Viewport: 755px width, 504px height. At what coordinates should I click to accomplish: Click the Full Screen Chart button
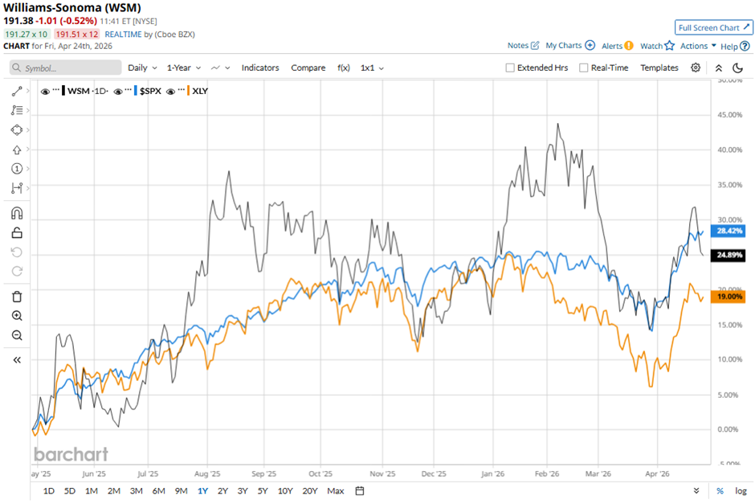point(713,27)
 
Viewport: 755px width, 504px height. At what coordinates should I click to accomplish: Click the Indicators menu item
point(260,68)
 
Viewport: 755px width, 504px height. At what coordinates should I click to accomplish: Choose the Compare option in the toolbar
point(308,68)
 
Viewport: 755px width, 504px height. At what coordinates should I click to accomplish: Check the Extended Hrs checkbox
point(510,68)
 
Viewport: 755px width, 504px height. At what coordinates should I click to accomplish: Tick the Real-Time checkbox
point(584,68)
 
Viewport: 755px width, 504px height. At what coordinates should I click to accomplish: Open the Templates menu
point(659,68)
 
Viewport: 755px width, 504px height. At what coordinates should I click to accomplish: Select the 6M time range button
point(158,490)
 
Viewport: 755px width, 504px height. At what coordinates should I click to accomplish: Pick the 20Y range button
point(310,490)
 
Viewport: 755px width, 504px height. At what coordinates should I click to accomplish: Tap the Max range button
point(336,490)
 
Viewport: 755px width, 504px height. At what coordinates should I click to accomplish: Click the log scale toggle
point(740,490)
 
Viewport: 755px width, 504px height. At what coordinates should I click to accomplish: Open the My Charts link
point(569,46)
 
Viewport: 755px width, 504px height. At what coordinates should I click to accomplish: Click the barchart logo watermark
point(71,454)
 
